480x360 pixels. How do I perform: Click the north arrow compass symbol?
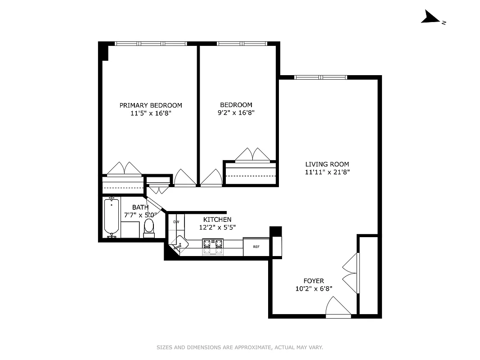[x=431, y=18]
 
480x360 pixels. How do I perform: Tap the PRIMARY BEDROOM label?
[x=151, y=105]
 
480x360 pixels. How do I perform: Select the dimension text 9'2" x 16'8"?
[x=236, y=113]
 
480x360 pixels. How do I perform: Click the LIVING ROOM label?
[x=327, y=164]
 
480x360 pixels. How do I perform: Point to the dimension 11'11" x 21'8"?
[x=327, y=172]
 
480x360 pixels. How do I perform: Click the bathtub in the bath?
[x=111, y=217]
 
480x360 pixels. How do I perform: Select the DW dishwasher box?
[x=176, y=222]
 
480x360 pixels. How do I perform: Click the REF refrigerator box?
[x=256, y=247]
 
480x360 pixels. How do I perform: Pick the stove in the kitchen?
[x=213, y=246]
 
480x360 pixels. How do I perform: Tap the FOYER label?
[x=314, y=281]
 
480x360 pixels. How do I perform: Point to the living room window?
[x=321, y=77]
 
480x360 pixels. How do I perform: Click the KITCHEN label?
[x=217, y=219]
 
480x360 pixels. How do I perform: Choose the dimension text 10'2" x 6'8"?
[x=314, y=289]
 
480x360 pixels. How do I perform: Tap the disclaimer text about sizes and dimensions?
[x=240, y=347]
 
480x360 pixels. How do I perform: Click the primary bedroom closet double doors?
[x=124, y=169]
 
